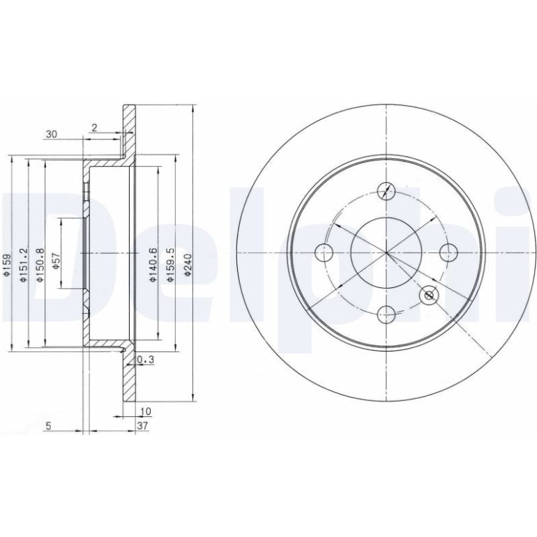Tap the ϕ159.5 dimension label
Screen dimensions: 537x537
tap(171, 265)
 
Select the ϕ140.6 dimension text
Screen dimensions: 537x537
tap(153, 265)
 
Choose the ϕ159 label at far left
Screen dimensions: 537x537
tap(6, 265)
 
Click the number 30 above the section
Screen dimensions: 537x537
tap(52, 134)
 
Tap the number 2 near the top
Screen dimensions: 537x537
tap(95, 128)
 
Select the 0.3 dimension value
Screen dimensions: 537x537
tap(146, 360)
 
